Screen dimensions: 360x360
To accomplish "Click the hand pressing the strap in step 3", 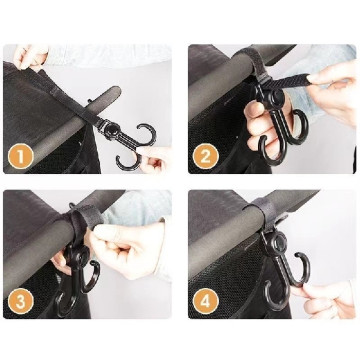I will tap(123, 242).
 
